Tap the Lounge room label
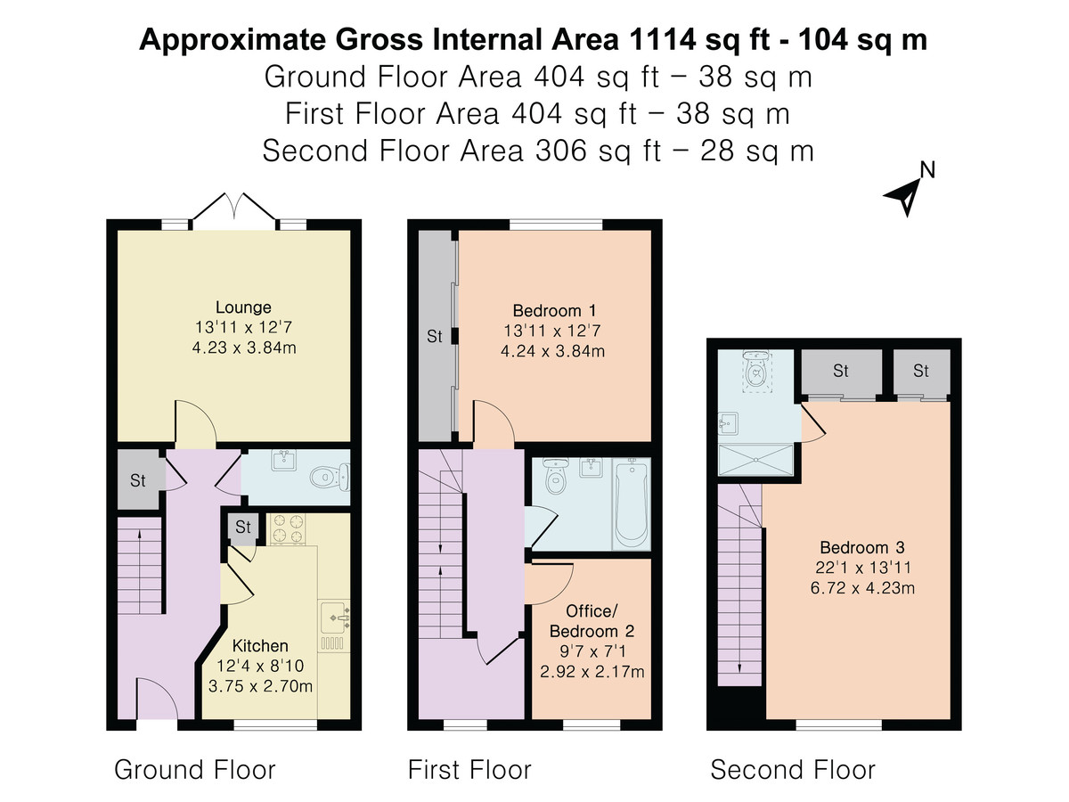point(243,307)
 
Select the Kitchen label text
point(260,646)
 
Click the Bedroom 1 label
point(554,311)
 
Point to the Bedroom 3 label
point(862,548)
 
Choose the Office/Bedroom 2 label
point(592,621)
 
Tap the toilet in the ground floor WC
point(330,476)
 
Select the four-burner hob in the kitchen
point(288,528)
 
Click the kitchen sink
point(334,617)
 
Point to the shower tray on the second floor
point(755,460)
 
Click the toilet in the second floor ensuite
point(755,369)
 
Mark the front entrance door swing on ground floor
point(157,697)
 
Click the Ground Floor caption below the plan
point(195,770)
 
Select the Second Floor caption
point(793,770)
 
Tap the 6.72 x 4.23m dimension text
point(862,588)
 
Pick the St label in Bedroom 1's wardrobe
point(435,336)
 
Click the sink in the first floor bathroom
point(592,468)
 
